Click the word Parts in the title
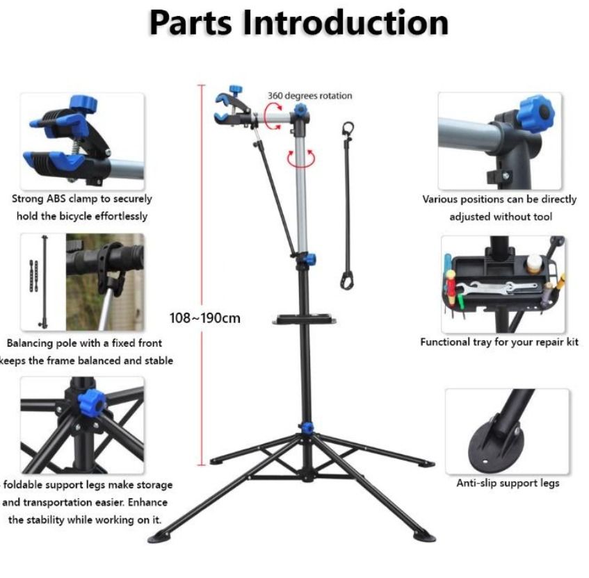pos(190,22)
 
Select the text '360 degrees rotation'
pos(310,96)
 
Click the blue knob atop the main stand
pos(300,110)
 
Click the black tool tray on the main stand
pos(306,319)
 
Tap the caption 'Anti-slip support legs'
pos(507,483)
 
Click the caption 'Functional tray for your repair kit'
pos(499,342)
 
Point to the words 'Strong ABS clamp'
pos(52,199)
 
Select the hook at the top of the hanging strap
pos(348,130)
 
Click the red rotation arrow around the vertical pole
pos(300,157)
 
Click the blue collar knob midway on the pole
pos(309,259)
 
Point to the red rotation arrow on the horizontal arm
pos(275,109)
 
